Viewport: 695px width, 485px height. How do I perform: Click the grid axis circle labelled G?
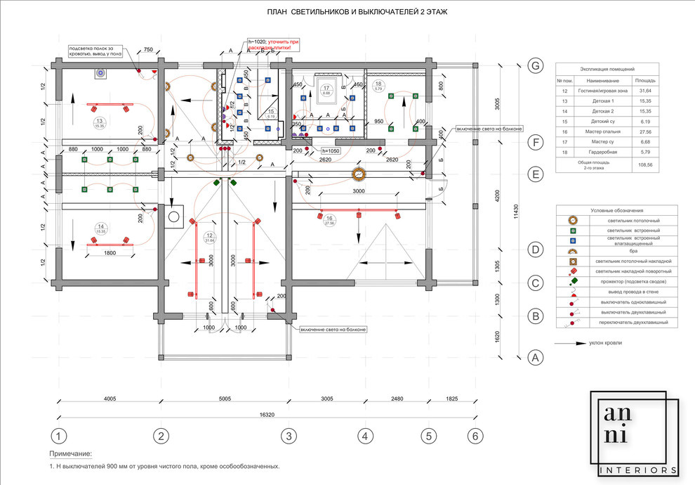536,66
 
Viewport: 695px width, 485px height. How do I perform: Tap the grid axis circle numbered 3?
286,436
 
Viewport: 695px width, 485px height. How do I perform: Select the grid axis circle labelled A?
536,357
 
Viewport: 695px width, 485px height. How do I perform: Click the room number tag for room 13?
99,122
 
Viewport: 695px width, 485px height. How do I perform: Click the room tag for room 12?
208,238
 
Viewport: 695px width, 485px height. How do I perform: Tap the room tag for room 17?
326,90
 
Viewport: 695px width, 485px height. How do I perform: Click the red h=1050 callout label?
330,151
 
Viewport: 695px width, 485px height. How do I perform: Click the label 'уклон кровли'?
607,343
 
